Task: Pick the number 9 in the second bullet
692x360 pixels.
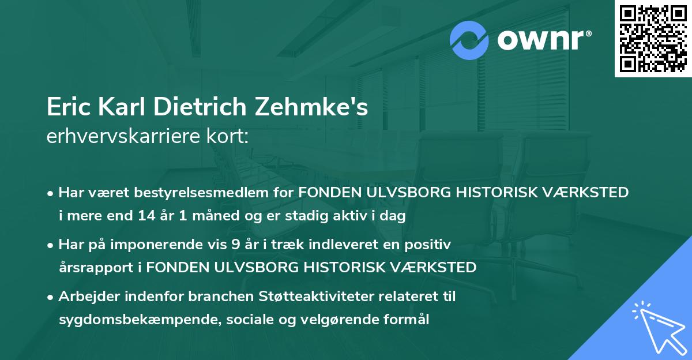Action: pos(235,245)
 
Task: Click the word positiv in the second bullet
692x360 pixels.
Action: pos(431,245)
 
